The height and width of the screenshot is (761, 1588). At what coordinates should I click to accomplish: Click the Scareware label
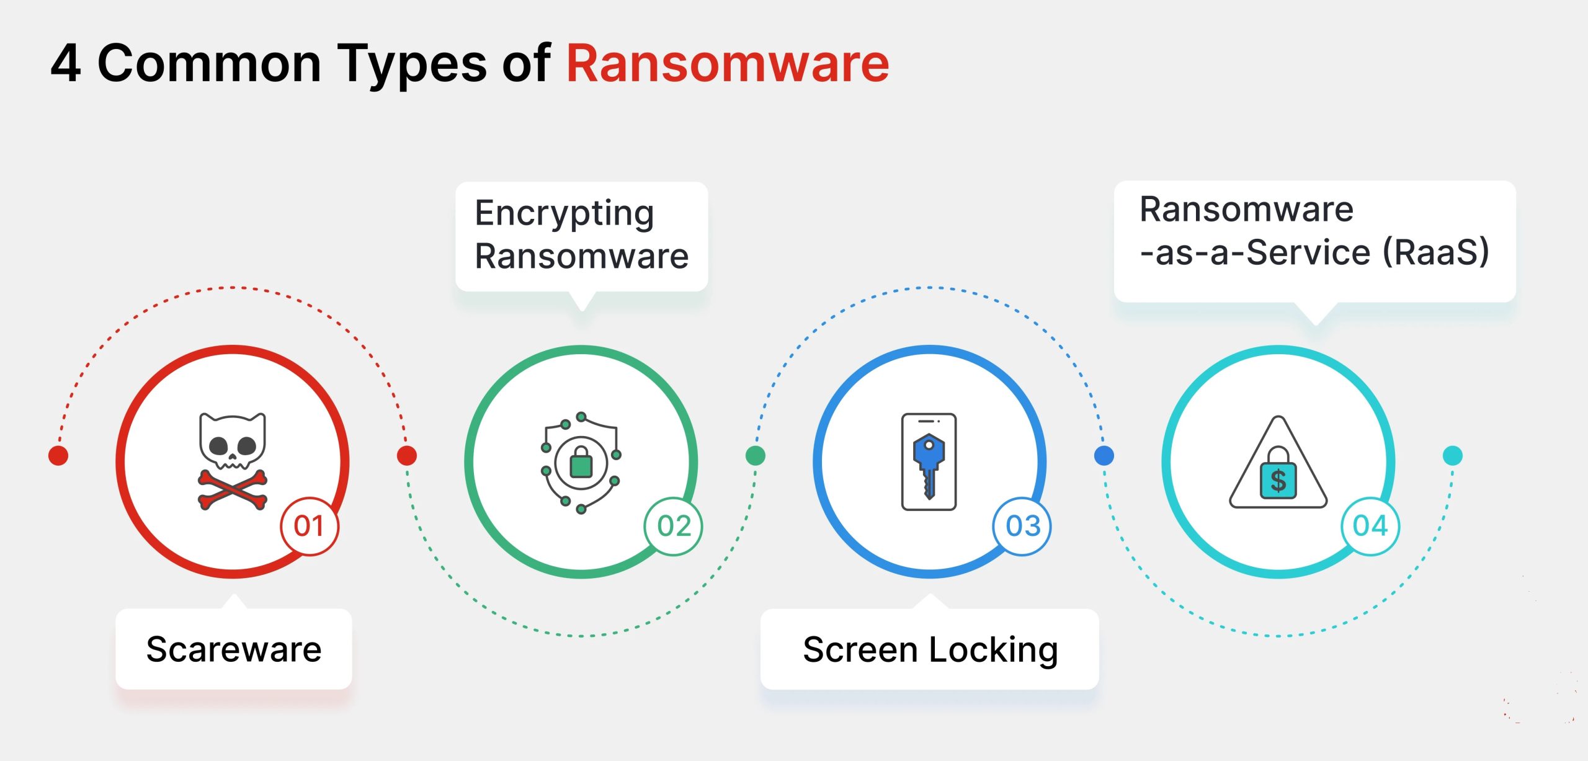(x=234, y=649)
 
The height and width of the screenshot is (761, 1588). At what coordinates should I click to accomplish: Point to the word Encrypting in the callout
(x=564, y=213)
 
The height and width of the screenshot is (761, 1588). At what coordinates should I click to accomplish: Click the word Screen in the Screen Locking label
(x=859, y=649)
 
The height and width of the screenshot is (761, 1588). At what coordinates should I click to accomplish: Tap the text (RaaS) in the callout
(x=1436, y=252)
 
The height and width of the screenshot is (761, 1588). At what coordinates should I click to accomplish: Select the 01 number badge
(x=309, y=526)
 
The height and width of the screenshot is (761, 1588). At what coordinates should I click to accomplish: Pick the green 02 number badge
(x=674, y=526)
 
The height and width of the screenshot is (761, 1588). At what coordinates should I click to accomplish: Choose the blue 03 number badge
(x=1022, y=526)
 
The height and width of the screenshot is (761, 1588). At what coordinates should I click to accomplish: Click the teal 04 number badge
(x=1370, y=526)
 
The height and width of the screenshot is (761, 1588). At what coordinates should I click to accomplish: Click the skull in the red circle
(x=233, y=440)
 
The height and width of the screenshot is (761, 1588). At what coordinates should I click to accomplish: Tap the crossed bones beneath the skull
(x=233, y=489)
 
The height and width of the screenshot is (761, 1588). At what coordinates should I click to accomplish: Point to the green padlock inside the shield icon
(x=581, y=463)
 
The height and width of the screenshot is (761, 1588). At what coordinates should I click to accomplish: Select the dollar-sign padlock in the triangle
(x=1278, y=475)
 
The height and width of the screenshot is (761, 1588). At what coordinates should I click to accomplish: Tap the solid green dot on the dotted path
(x=755, y=456)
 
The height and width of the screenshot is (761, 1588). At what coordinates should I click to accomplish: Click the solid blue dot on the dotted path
(x=1104, y=456)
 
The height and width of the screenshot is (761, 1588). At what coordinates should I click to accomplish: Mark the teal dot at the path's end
(x=1453, y=456)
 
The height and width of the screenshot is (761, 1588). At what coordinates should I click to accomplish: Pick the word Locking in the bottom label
(x=994, y=649)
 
